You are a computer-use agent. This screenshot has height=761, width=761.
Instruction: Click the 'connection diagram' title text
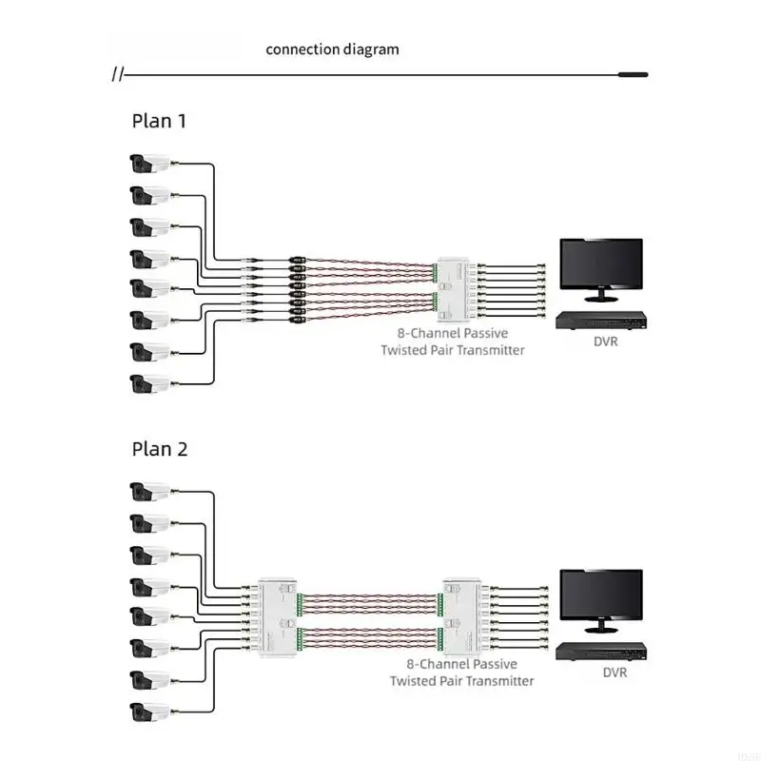pyautogui.click(x=332, y=49)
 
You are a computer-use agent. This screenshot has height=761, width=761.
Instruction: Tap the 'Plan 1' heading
pyautogui.click(x=159, y=121)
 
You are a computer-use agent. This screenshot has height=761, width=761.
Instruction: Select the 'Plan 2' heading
pyautogui.click(x=160, y=449)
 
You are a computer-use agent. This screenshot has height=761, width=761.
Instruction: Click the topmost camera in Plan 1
pyautogui.click(x=150, y=164)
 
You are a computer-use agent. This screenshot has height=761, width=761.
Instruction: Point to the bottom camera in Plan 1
pyautogui.click(x=150, y=384)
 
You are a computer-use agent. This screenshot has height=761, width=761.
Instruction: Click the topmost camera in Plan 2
pyautogui.click(x=150, y=492)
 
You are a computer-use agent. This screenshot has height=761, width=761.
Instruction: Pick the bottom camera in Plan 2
pyautogui.click(x=150, y=712)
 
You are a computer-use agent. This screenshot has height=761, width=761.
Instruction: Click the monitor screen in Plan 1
pyautogui.click(x=601, y=263)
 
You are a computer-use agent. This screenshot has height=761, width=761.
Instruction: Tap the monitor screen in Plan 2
pyautogui.click(x=601, y=595)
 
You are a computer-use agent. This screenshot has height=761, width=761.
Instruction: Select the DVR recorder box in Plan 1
pyautogui.click(x=601, y=321)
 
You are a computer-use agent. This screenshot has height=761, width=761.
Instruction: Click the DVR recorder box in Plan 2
pyautogui.click(x=601, y=652)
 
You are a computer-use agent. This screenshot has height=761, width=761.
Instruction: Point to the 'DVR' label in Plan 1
pyautogui.click(x=606, y=341)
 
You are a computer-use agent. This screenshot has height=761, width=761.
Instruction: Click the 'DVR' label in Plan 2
pyautogui.click(x=615, y=673)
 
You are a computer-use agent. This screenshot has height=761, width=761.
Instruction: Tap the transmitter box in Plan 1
pyautogui.click(x=454, y=290)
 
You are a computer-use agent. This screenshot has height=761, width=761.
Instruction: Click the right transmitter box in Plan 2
pyautogui.click(x=462, y=617)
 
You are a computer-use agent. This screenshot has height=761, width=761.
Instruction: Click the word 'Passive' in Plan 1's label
pyautogui.click(x=486, y=334)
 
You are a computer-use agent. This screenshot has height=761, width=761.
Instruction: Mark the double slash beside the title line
pyautogui.click(x=117, y=75)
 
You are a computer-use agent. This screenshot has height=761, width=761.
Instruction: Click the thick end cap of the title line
pyautogui.click(x=634, y=75)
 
